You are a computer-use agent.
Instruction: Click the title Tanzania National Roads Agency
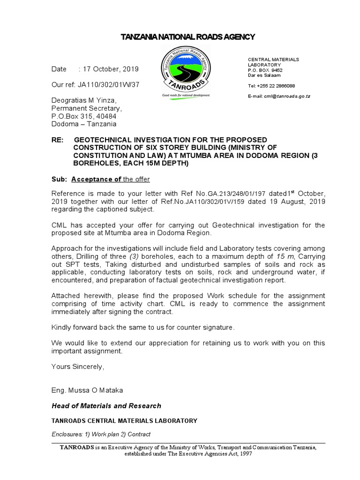point(182,37)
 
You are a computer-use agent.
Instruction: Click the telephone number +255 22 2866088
point(277,86)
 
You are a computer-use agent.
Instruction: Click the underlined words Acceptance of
point(96,180)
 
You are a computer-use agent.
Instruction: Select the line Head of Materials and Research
point(106,406)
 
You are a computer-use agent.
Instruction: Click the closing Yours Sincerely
point(78,367)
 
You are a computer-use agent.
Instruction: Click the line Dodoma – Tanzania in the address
point(84,124)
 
